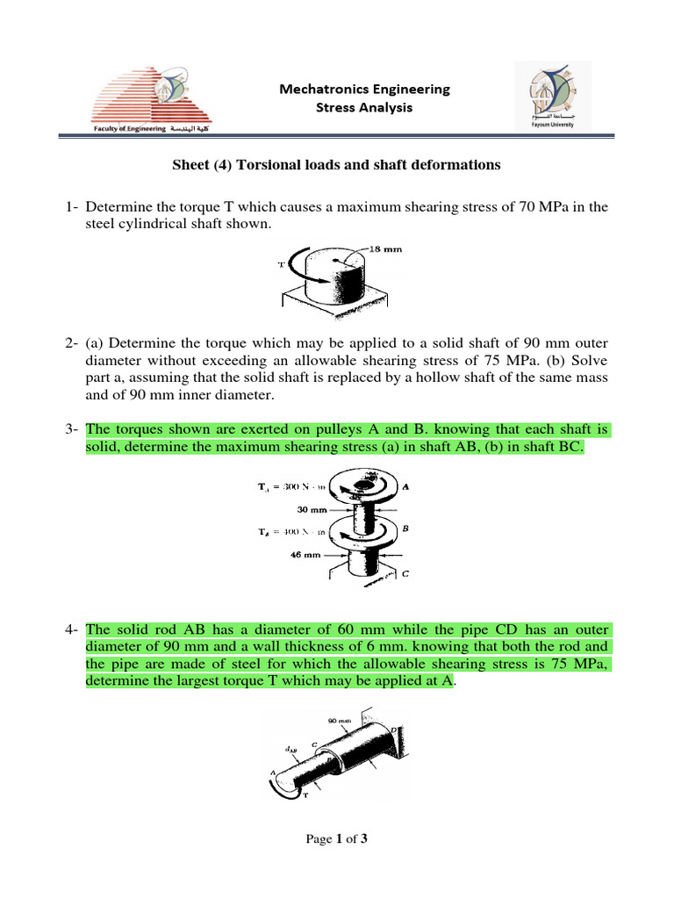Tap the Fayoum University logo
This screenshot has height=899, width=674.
point(552,98)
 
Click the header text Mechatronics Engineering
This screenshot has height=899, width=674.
point(364,89)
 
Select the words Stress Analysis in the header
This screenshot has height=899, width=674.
point(363,107)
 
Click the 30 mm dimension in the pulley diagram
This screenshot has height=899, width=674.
point(312,507)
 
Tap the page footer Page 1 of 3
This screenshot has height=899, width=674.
point(336,839)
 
